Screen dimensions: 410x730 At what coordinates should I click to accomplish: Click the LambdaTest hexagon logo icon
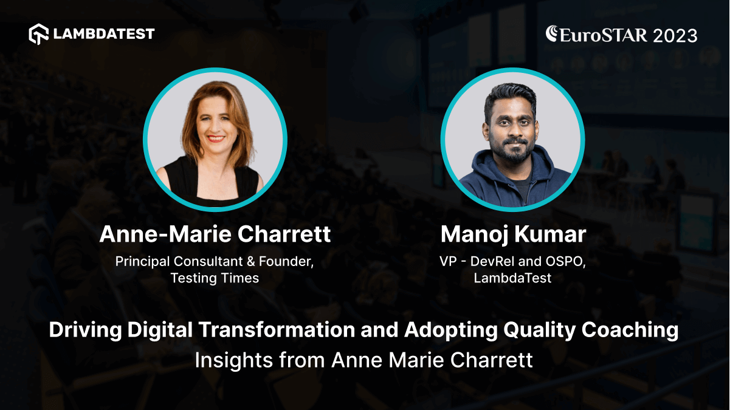pos(39,34)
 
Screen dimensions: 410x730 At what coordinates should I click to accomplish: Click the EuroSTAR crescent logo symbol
pos(553,33)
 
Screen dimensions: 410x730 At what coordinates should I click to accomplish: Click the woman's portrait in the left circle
pos(215,140)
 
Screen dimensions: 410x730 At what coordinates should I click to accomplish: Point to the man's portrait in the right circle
pos(512,140)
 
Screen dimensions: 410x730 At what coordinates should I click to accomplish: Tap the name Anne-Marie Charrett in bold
pos(215,234)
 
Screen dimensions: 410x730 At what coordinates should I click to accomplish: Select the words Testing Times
pos(215,278)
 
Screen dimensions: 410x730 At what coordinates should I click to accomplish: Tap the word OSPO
pos(564,262)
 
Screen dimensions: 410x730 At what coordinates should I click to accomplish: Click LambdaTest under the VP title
pos(512,278)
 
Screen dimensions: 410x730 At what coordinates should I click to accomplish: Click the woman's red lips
pos(216,138)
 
